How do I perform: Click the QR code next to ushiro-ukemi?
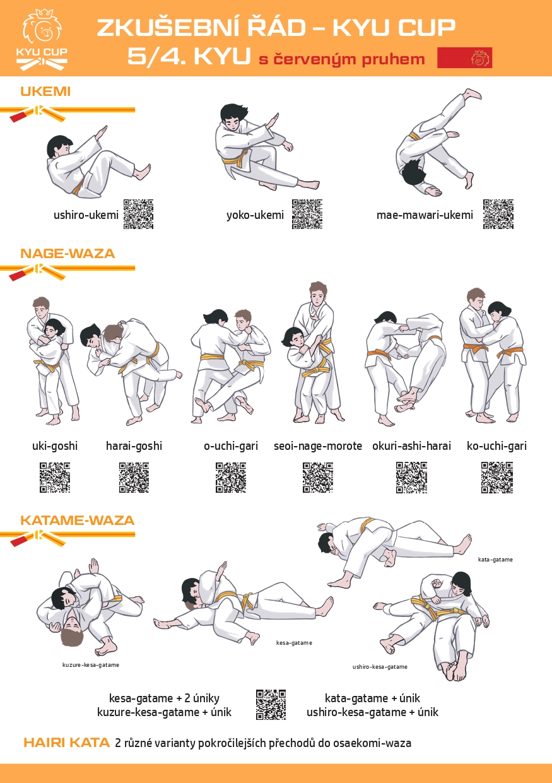click(138, 215)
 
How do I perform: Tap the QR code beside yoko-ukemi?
click(307, 215)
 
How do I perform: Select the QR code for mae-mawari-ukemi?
click(498, 215)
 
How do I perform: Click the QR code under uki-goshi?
click(55, 478)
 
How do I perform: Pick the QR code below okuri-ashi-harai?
click(411, 478)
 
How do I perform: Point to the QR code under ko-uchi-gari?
click(496, 478)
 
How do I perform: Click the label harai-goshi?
click(134, 446)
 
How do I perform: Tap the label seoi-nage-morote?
click(318, 446)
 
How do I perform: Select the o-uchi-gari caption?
click(231, 446)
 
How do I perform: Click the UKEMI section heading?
click(45, 91)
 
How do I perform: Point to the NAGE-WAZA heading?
click(68, 254)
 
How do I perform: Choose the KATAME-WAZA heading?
click(77, 520)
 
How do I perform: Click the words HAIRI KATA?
click(66, 743)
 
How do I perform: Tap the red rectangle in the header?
click(464, 57)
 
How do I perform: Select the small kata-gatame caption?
click(495, 559)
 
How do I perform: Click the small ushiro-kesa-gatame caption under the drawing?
click(380, 667)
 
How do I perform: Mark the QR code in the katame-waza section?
click(271, 705)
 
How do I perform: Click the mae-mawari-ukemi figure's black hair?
click(414, 172)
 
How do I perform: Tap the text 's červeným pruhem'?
click(341, 59)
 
